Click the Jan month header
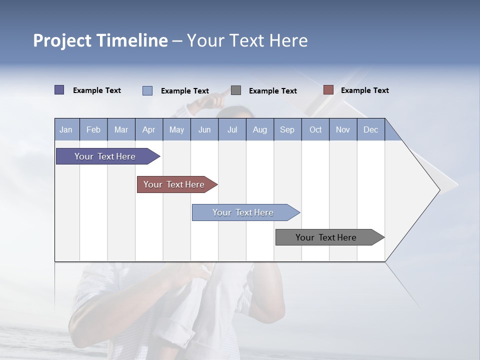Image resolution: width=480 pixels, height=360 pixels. pyautogui.click(x=66, y=130)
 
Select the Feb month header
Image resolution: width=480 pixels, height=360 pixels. pyautogui.click(x=93, y=130)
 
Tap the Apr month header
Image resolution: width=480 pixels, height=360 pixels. pyautogui.click(x=148, y=130)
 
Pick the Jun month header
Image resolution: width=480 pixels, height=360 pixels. pyautogui.click(x=204, y=130)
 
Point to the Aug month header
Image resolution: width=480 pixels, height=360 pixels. pyautogui.click(x=259, y=130)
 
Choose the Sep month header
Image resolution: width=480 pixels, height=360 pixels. pyautogui.click(x=287, y=130)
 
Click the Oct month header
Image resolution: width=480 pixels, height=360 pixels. pyautogui.click(x=315, y=130)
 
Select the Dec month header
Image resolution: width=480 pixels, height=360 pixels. pyautogui.click(x=370, y=130)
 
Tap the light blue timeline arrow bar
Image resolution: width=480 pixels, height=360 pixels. pyautogui.click(x=243, y=212)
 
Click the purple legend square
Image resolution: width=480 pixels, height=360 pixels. pyautogui.click(x=59, y=90)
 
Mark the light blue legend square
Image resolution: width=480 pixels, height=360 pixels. pyautogui.click(x=147, y=90)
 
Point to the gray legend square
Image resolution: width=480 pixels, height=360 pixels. pyautogui.click(x=236, y=90)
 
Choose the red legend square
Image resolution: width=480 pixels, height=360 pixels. pyautogui.click(x=328, y=90)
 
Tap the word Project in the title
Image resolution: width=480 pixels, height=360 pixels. pyautogui.click(x=62, y=40)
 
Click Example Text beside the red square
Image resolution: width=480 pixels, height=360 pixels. pyautogui.click(x=364, y=90)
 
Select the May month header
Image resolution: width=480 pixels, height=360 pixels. pyautogui.click(x=176, y=130)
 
